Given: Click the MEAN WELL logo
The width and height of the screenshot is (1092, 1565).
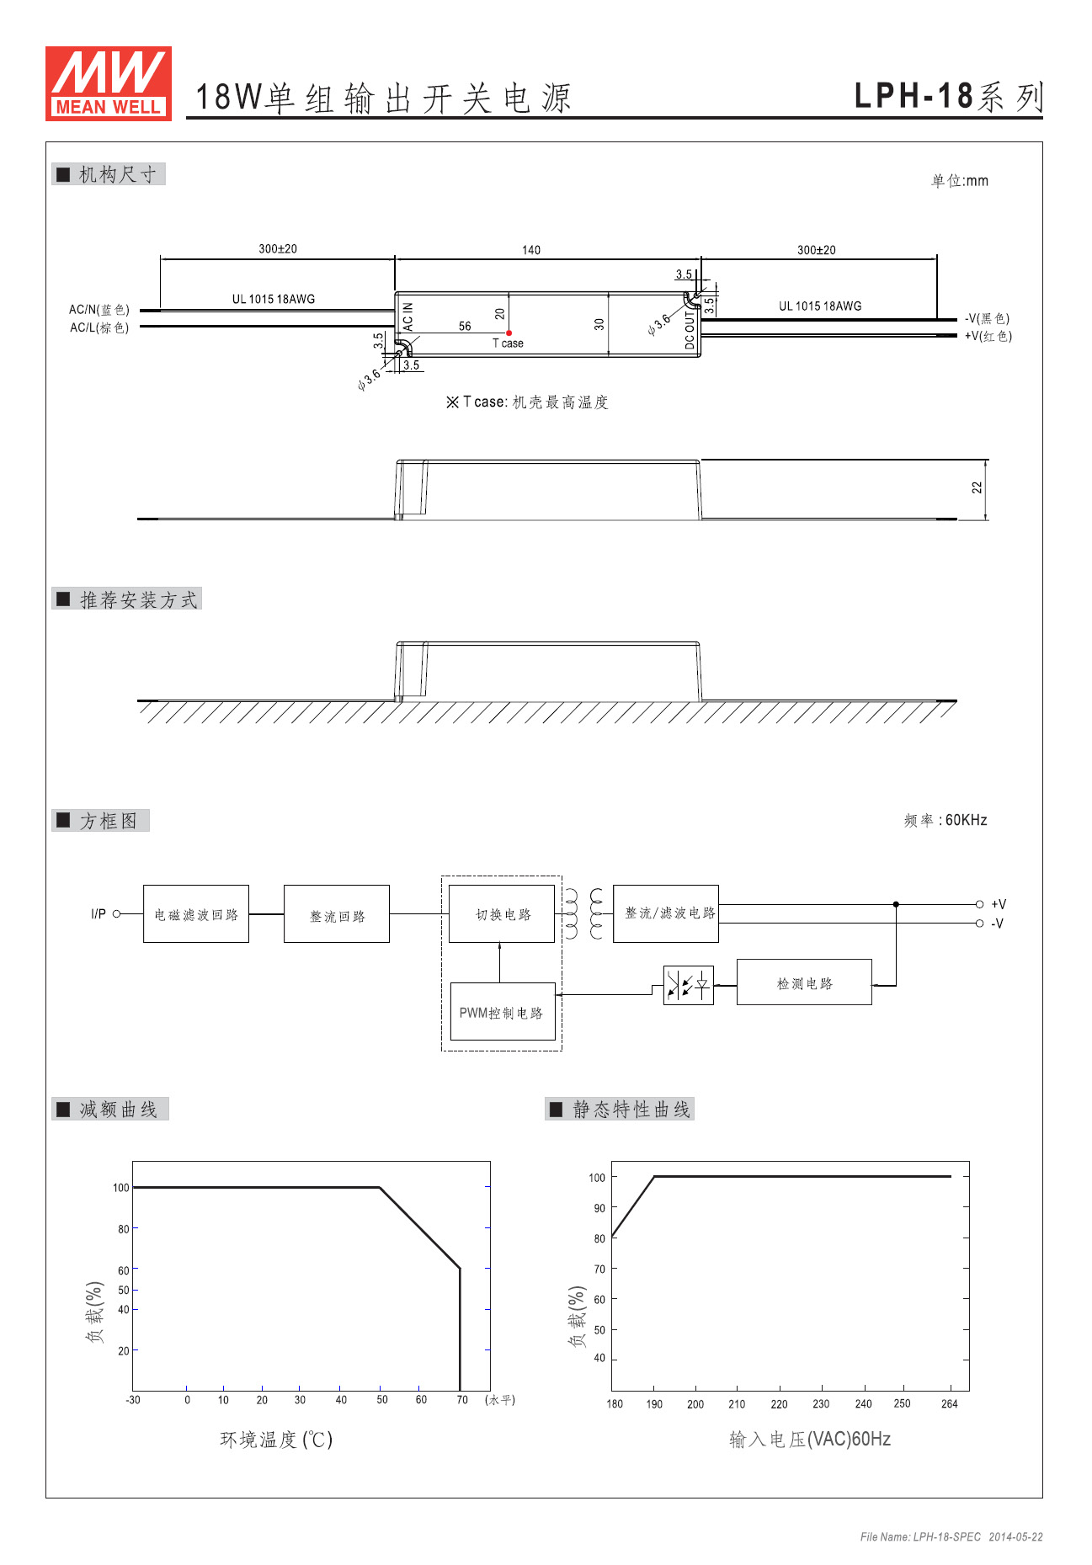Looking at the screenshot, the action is pos(109,83).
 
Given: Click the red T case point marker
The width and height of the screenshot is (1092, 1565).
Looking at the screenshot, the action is pos(509,333).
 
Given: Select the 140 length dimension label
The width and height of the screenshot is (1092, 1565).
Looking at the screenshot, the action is pos(531,250).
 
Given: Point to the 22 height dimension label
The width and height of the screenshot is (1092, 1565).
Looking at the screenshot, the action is pos(977,487).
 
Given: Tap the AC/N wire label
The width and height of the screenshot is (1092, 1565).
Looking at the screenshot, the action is pos(99,310).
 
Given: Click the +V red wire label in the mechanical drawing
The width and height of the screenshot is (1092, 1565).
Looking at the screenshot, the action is pos(988,336).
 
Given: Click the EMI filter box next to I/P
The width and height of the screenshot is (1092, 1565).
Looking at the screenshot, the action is pos(196,913).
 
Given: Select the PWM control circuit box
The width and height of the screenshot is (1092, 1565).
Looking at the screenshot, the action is pos(503,1012).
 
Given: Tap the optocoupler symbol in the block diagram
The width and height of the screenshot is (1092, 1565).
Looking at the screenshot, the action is pos(689,985).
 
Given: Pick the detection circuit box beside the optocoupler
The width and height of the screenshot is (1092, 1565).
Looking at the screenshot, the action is pos(804,982).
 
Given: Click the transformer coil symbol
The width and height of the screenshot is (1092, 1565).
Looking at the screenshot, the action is pos(584,913).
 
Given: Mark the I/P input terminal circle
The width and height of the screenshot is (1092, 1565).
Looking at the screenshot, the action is pos(117,913).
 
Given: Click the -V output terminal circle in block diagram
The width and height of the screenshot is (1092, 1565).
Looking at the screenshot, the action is pos(979,924).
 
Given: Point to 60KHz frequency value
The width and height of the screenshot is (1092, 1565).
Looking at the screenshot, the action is pos(967,820).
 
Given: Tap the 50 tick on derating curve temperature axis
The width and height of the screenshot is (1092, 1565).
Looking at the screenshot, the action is pos(382,1400).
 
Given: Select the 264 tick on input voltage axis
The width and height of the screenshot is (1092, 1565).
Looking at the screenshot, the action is pos(950,1403).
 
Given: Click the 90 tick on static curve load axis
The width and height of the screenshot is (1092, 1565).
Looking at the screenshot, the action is pos(599,1208).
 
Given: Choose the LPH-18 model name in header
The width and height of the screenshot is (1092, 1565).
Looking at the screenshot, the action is pos(914,96).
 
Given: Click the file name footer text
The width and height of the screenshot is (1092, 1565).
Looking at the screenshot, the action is pos(951,1537).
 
